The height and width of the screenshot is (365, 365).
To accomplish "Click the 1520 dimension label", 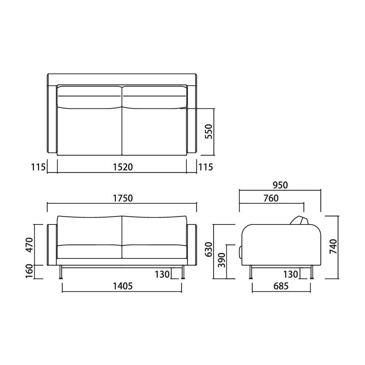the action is point(123,167).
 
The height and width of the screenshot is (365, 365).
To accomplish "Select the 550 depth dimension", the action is point(209,131).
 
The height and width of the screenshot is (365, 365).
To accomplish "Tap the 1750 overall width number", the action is point(123,198).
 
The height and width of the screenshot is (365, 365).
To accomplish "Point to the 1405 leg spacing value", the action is point(123,286).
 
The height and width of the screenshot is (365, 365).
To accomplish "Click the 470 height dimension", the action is point(30,245).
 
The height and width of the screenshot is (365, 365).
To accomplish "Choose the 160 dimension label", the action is point(30,271).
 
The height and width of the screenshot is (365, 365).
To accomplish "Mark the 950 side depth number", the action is point(280,185).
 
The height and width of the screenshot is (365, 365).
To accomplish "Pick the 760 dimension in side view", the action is point(271,198).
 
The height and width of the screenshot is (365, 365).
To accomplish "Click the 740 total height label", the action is point(333,246).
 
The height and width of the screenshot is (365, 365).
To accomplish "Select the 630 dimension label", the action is point(209,249).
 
